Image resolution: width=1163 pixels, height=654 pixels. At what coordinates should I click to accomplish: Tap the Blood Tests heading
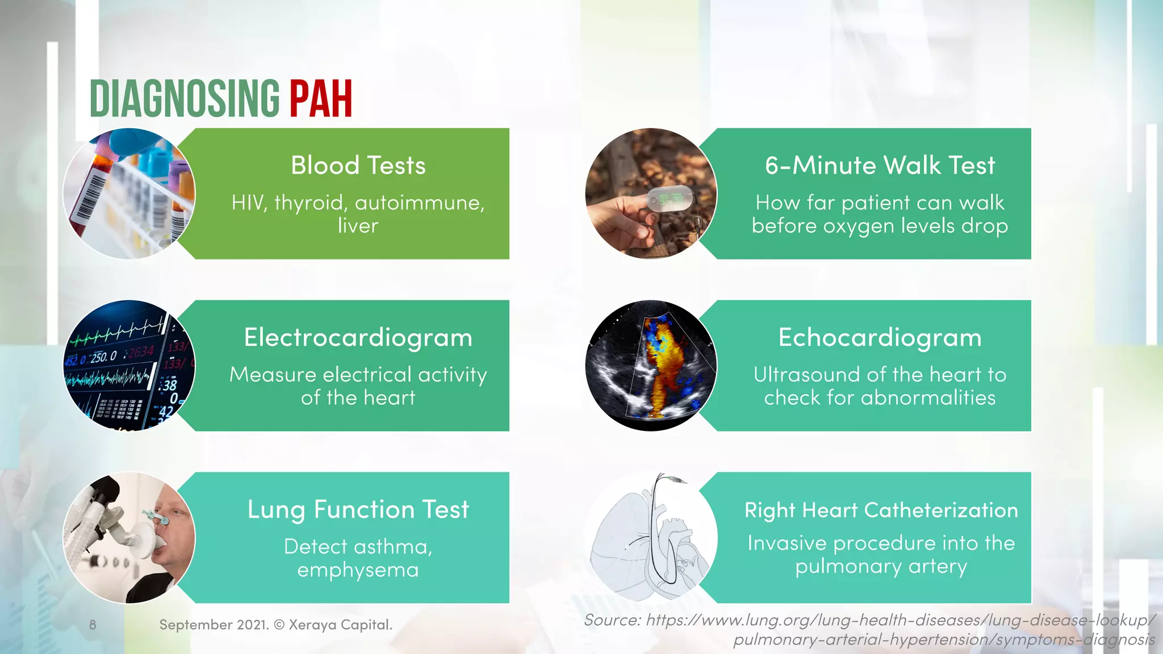point(358,166)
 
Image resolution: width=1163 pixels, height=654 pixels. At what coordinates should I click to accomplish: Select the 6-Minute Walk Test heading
point(880,166)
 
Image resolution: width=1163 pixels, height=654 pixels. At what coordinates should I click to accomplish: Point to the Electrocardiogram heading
point(358,338)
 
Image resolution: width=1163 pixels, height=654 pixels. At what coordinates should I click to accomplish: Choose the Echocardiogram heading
point(880,338)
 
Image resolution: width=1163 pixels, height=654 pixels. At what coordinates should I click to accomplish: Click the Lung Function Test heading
point(358,510)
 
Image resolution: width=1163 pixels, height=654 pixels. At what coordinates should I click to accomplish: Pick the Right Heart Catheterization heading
point(881,510)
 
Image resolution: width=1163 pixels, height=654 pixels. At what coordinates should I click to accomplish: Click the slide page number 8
point(93,625)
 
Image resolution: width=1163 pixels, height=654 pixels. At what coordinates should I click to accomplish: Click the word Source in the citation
point(612,620)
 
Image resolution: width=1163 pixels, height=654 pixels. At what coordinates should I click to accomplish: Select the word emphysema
point(358,570)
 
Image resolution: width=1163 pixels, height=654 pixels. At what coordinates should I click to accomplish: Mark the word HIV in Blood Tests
point(248,203)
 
